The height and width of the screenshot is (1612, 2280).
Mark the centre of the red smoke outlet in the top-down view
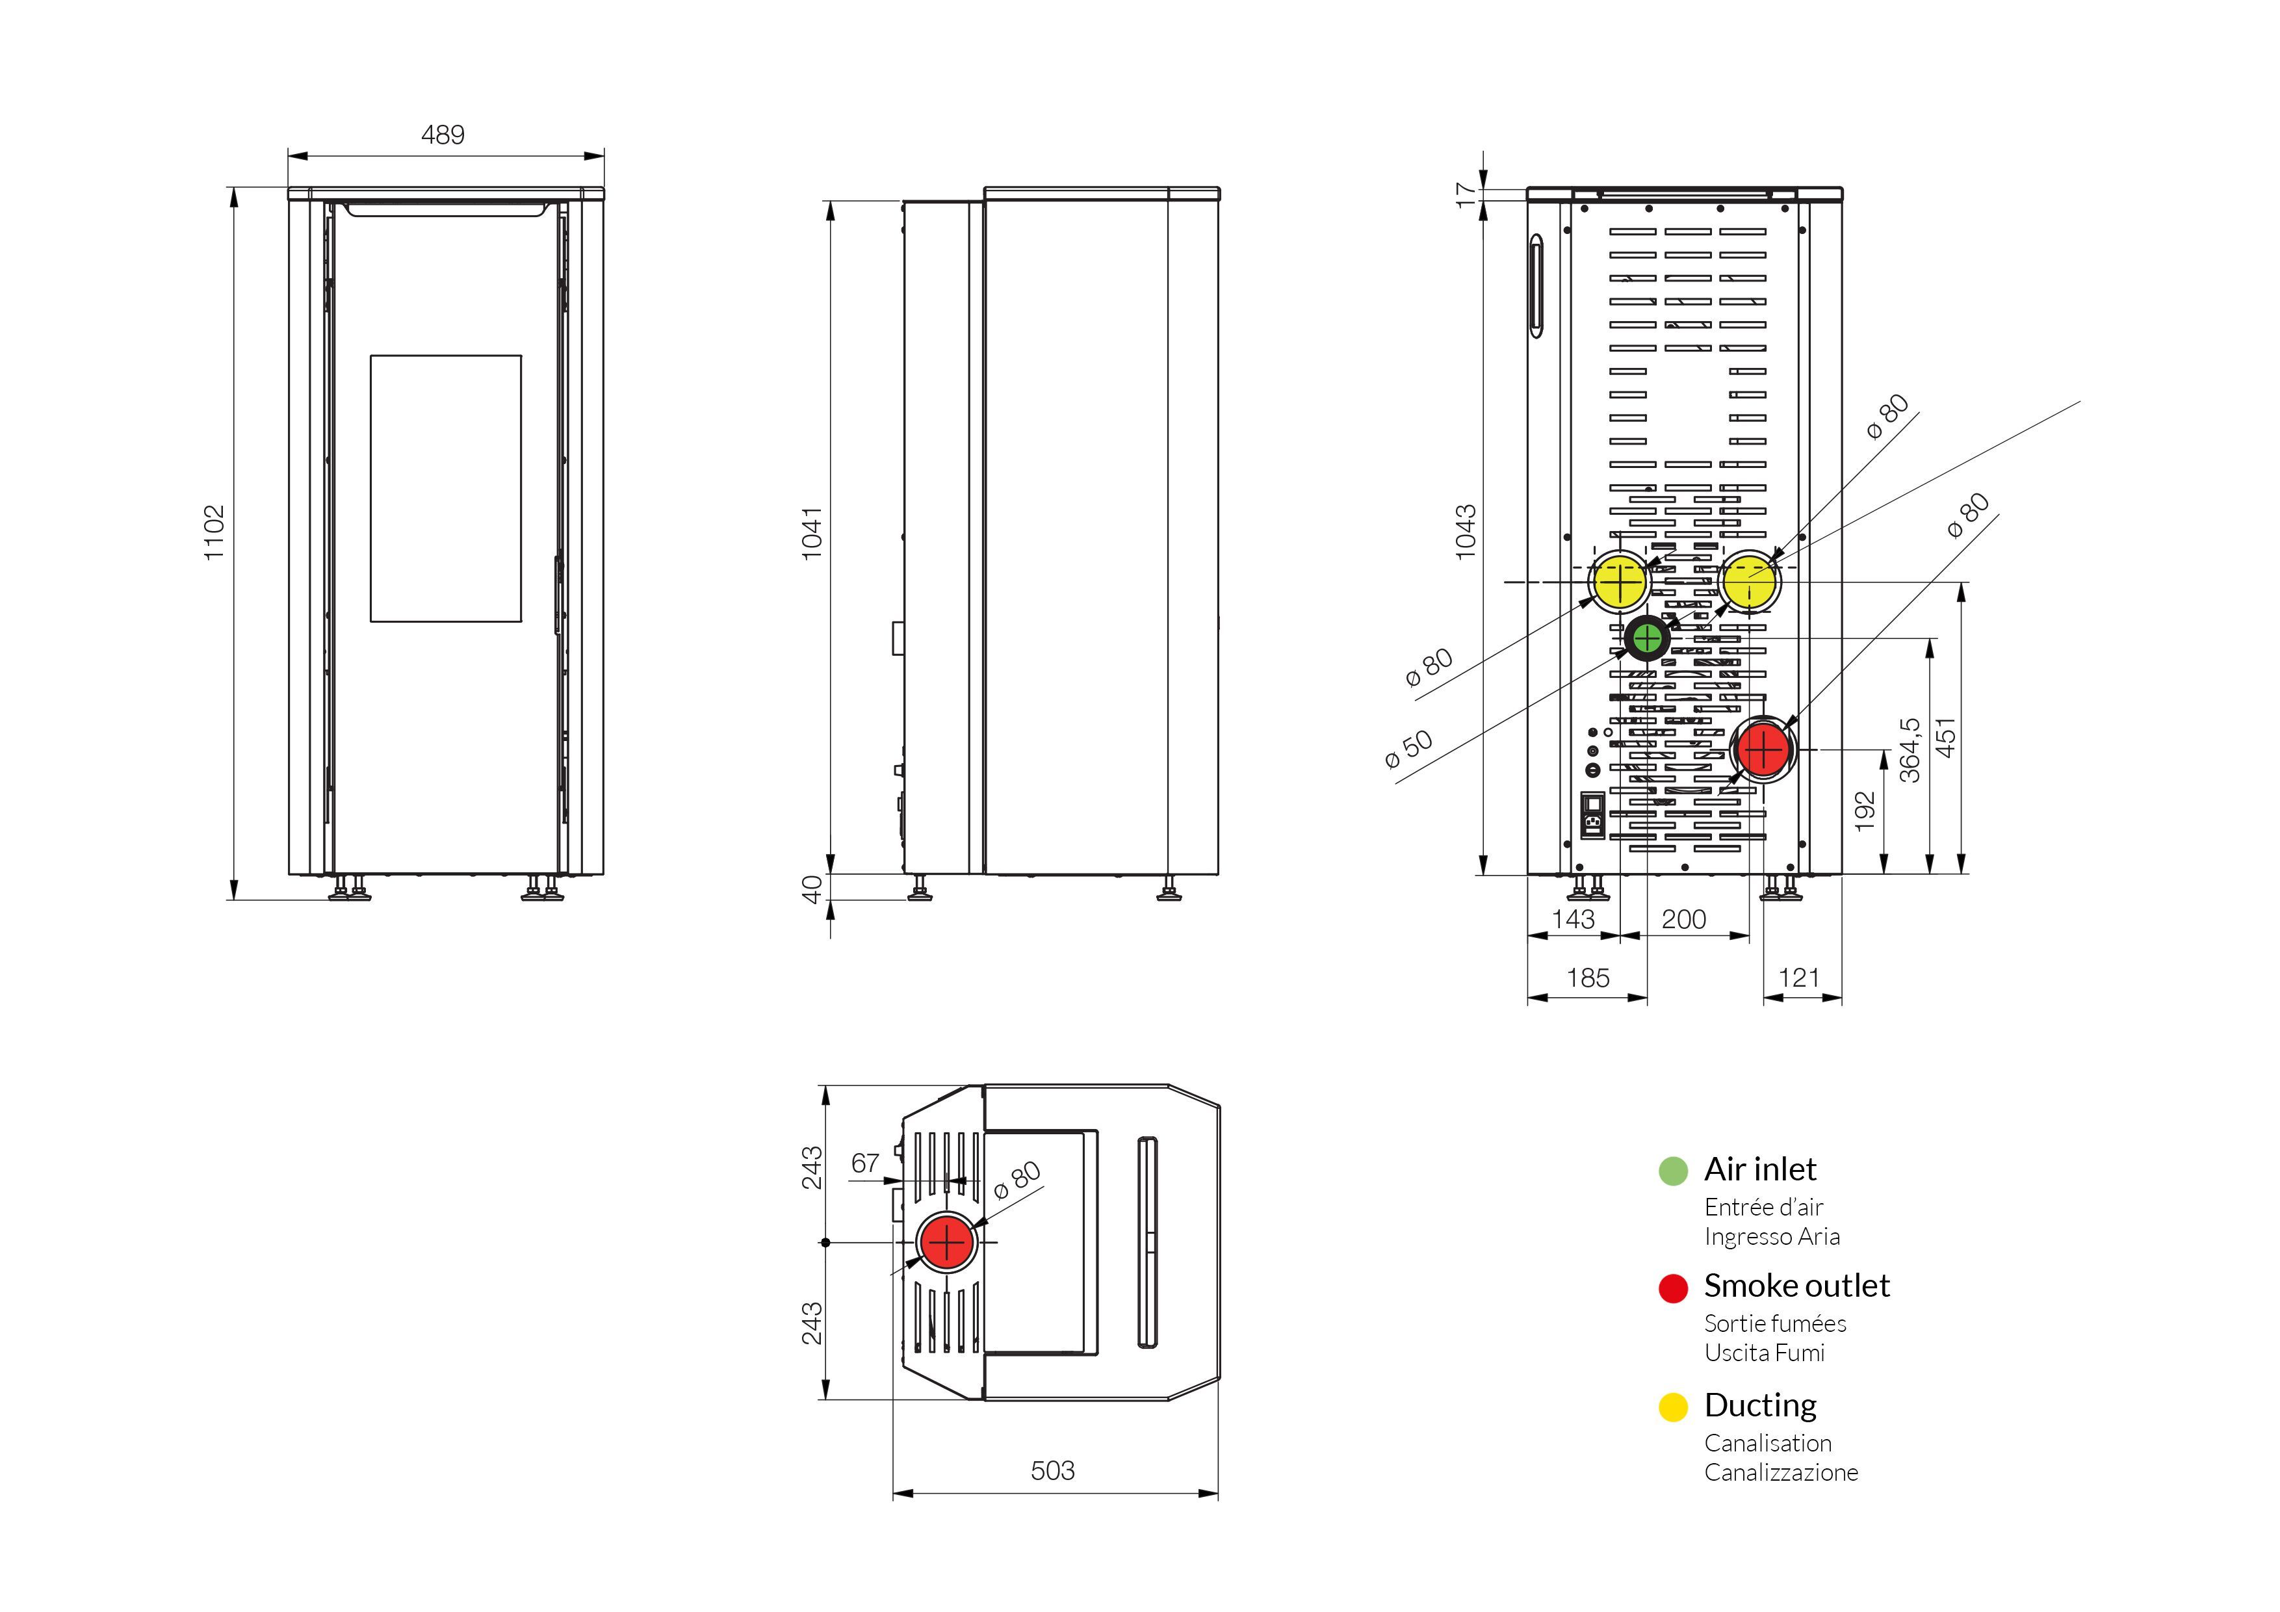click(x=948, y=1241)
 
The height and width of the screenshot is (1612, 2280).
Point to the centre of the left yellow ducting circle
click(x=1620, y=582)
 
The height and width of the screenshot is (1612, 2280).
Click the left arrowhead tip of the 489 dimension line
click(x=289, y=156)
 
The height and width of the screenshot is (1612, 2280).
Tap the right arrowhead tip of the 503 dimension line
click(x=1219, y=1493)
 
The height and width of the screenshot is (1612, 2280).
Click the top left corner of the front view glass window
click(x=371, y=356)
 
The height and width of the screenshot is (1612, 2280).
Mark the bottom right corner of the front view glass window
click(x=521, y=622)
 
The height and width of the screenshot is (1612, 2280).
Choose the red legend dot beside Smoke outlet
click(x=1673, y=1288)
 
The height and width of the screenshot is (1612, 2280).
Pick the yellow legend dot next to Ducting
click(x=1673, y=1407)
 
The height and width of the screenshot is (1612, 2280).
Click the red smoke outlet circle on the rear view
click(x=1763, y=749)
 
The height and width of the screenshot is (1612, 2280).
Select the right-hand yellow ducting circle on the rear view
click(x=1750, y=582)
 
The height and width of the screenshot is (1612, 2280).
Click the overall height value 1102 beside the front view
click(x=214, y=534)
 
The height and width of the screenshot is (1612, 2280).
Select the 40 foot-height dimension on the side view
click(x=812, y=889)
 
